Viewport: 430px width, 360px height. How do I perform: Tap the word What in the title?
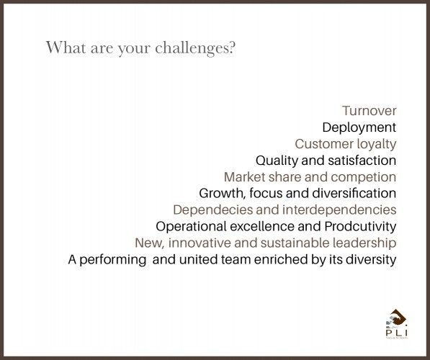(x=66, y=47)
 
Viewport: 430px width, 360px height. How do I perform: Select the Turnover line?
(x=369, y=111)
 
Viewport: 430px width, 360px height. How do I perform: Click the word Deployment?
(x=359, y=127)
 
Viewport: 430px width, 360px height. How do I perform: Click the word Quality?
(x=277, y=161)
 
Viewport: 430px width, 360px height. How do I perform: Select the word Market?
(x=244, y=177)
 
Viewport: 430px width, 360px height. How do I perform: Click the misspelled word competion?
(x=363, y=177)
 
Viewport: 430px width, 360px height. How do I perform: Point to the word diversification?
(x=354, y=193)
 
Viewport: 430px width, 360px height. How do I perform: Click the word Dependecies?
(x=212, y=210)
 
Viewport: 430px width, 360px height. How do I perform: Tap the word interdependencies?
(x=339, y=210)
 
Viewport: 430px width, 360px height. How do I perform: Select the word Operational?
(x=191, y=227)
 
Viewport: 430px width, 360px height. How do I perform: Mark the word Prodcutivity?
(x=360, y=227)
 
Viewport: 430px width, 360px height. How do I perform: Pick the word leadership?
(x=364, y=243)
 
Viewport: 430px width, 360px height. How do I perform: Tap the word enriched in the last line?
(x=281, y=259)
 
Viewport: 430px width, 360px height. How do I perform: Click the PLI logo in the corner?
(x=397, y=324)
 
